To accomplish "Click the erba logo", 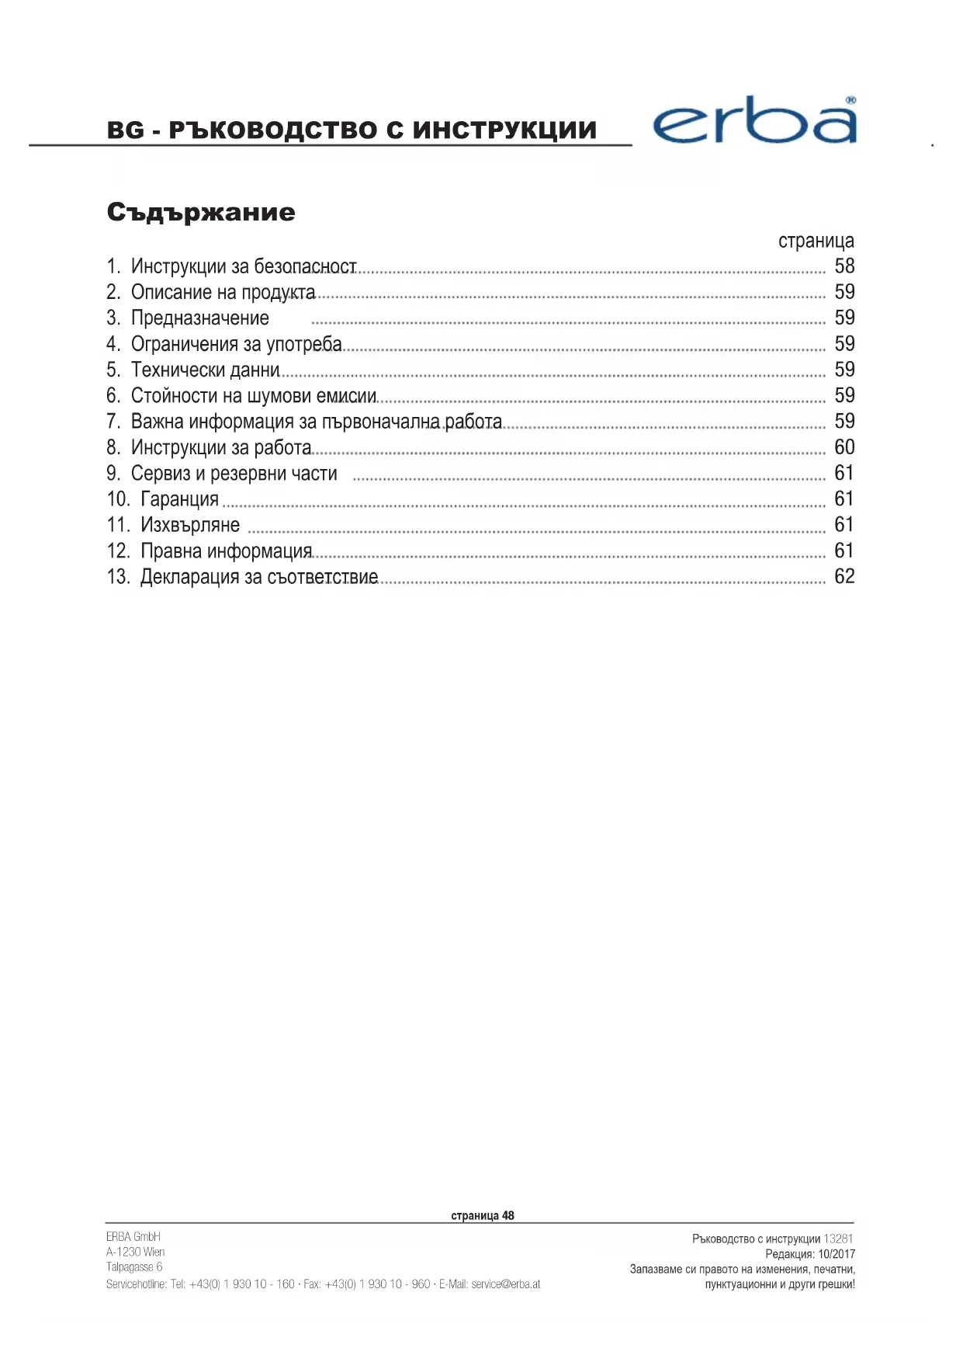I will pos(754,123).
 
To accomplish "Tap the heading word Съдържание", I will pos(201,212).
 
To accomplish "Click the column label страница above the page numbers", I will pos(816,241).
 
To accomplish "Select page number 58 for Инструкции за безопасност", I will pos(844,266).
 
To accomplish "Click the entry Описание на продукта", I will pos(223,293).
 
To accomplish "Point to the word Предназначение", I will pos(199,318).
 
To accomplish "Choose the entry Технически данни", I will pos(205,370).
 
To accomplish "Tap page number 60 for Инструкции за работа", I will pos(844,447).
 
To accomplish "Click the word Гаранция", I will pos(179,499).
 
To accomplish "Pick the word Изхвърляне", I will pos(190,525).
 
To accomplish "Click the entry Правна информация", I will pos(226,551).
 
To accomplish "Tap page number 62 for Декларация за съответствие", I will pos(844,576).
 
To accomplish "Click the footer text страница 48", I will pos(482,1215).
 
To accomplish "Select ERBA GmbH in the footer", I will pos(133,1236).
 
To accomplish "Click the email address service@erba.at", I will pos(505,1284).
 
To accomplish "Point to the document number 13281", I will pos(838,1239).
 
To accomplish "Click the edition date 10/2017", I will pos(836,1254).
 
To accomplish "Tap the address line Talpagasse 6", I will pos(134,1267).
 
